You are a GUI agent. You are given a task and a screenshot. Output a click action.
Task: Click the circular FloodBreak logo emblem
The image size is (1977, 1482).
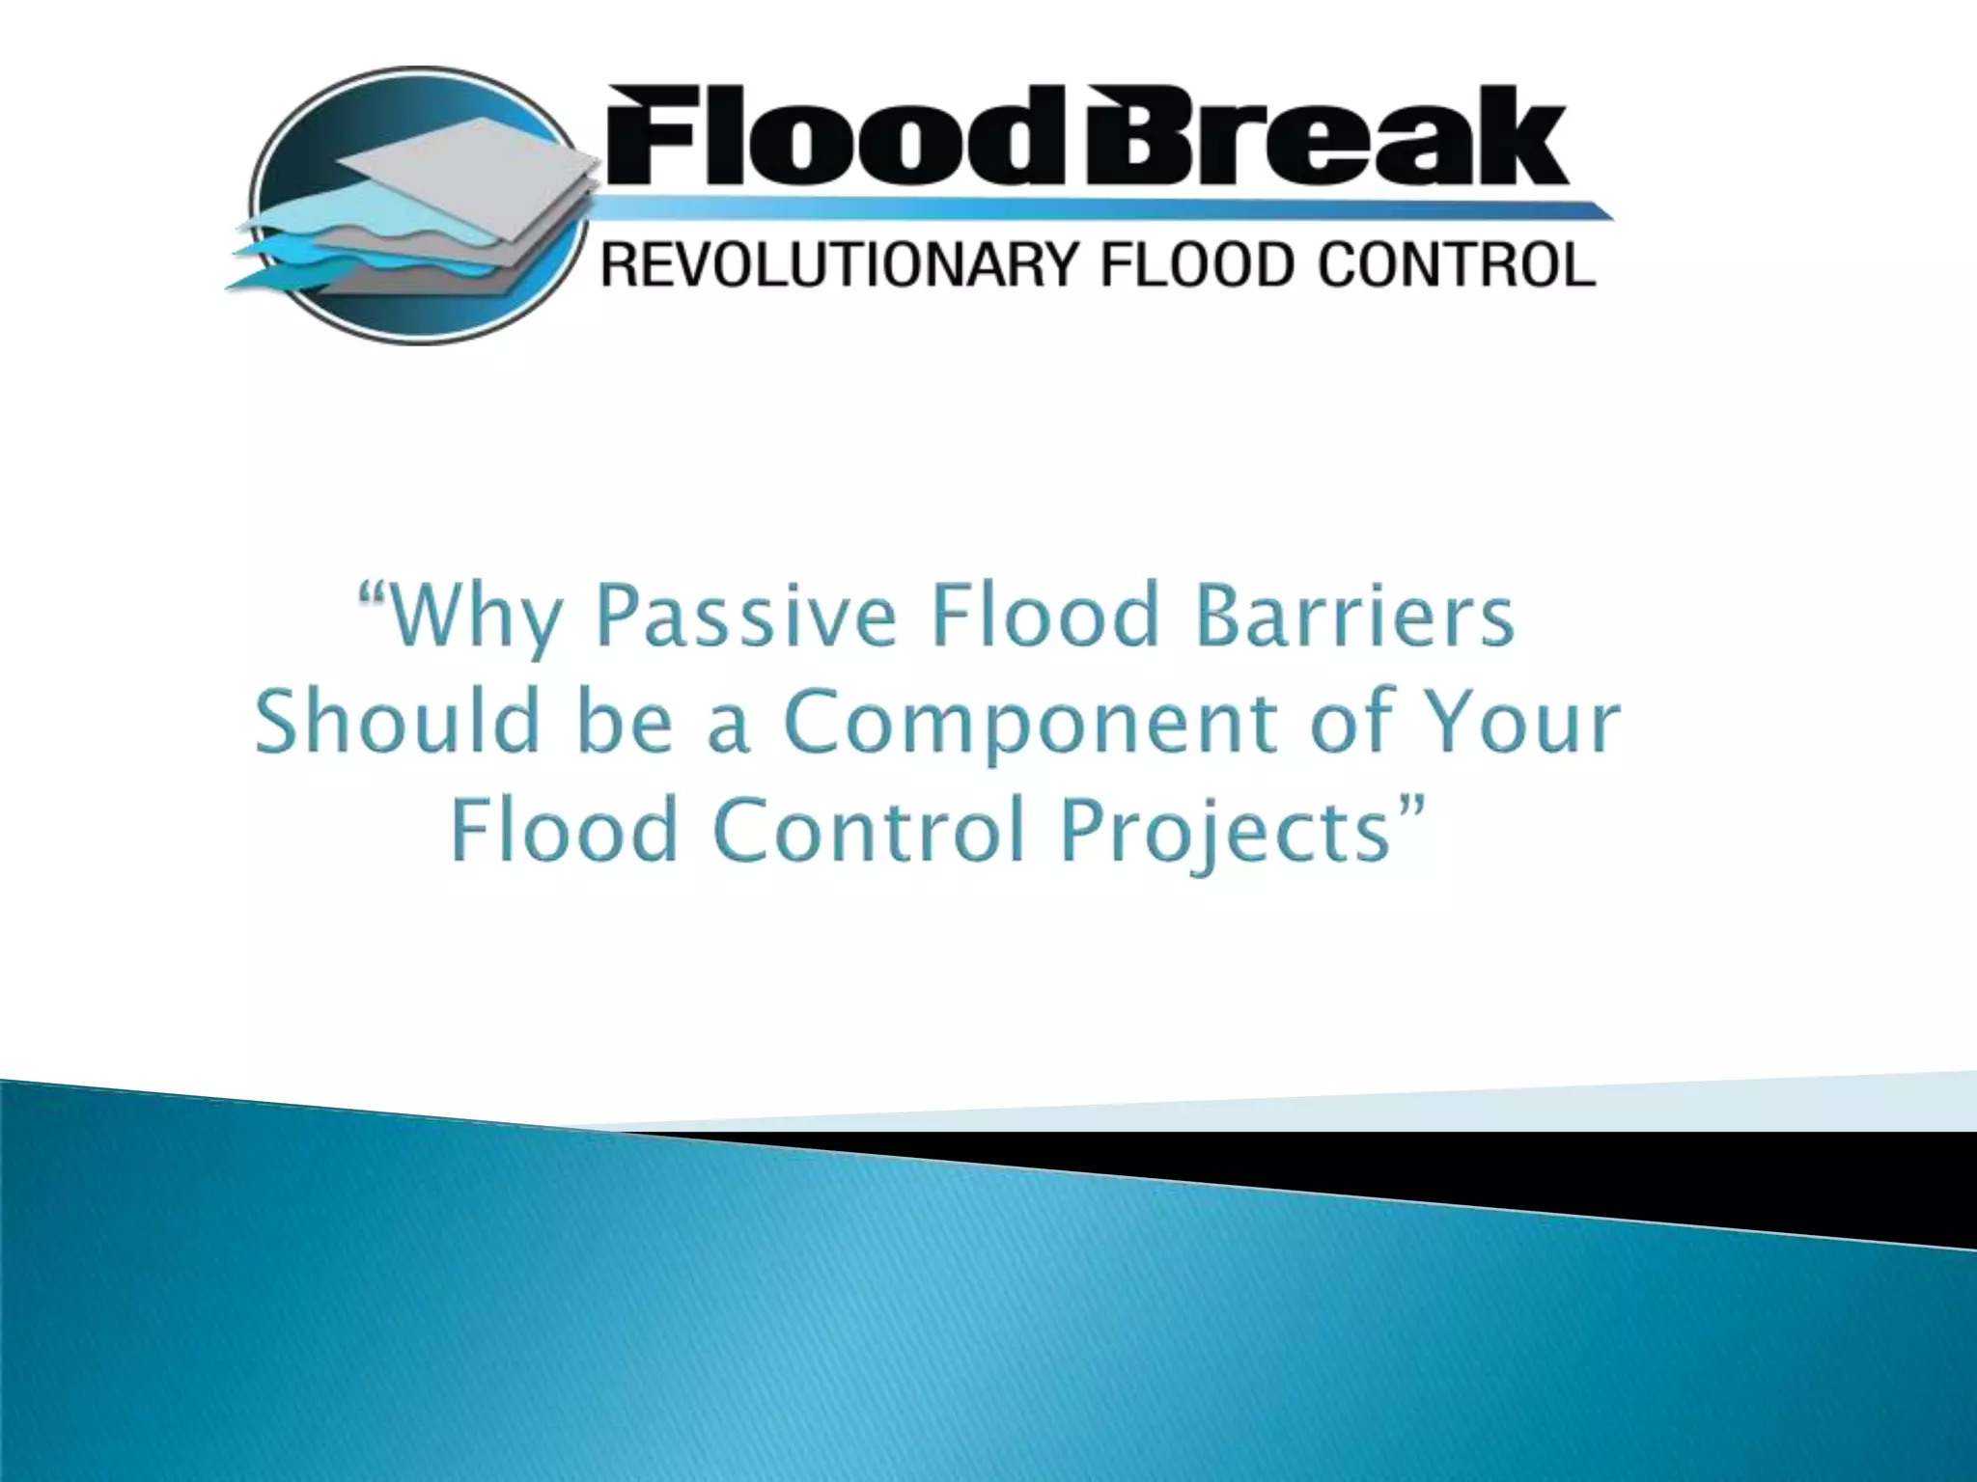tap(415, 206)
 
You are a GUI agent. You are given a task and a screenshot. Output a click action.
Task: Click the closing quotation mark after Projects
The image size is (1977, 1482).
tap(1410, 805)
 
